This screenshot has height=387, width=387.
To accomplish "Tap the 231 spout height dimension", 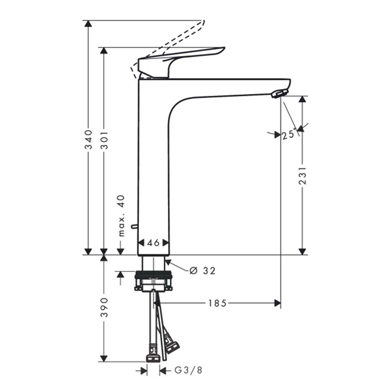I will tap(303, 175).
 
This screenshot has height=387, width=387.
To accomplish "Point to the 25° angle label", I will tap(289, 135).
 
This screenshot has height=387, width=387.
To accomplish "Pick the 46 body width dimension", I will tap(153, 243).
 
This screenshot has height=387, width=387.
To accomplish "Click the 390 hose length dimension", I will tap(104, 308).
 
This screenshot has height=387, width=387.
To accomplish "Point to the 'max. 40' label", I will tap(122, 216).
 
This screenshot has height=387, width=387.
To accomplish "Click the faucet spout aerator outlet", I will tap(279, 93).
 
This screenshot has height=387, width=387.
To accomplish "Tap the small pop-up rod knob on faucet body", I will tap(134, 226).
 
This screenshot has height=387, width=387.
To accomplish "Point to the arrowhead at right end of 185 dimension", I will tap(277, 303).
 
